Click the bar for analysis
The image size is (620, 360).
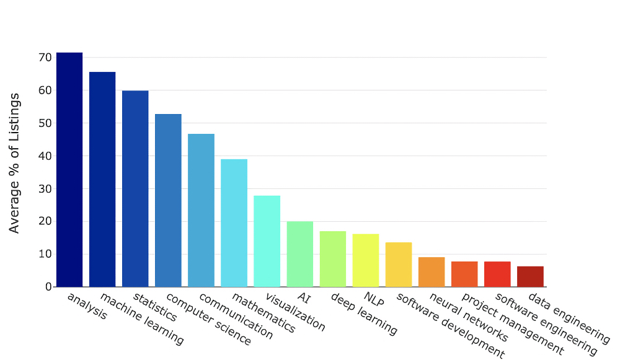click(x=69, y=170)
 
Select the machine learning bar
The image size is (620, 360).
click(x=102, y=180)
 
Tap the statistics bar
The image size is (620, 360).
click(x=135, y=189)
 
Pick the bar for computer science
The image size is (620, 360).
click(x=168, y=201)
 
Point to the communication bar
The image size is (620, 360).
click(x=201, y=211)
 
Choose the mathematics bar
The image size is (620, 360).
click(x=234, y=223)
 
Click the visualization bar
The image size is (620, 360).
click(x=267, y=242)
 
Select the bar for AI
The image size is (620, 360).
click(x=299, y=254)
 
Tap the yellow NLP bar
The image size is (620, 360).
click(x=365, y=260)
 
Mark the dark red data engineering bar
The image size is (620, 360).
click(x=530, y=276)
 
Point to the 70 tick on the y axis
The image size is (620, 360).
click(x=45, y=58)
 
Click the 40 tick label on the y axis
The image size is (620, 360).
click(x=45, y=156)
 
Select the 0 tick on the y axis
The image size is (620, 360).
click(x=48, y=287)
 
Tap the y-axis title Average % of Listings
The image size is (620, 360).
click(x=14, y=163)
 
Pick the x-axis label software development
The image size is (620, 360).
click(x=449, y=326)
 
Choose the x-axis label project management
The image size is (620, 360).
click(x=513, y=325)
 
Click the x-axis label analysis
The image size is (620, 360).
click(x=86, y=305)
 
